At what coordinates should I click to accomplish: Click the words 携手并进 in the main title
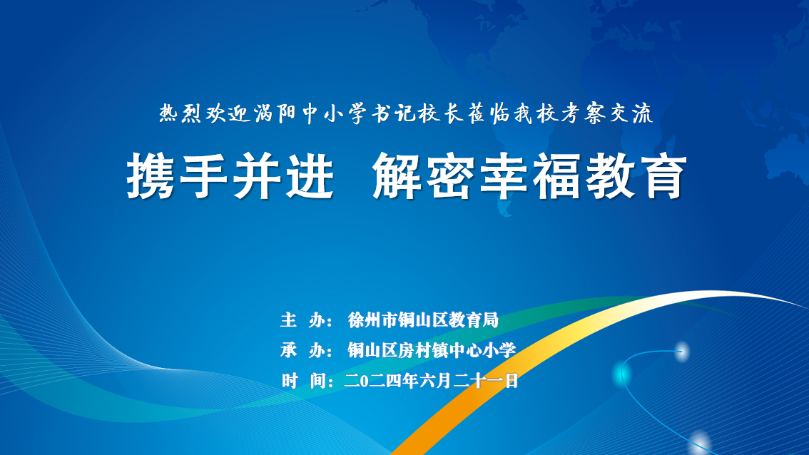[230, 175]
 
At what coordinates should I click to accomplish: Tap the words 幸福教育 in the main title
[583, 175]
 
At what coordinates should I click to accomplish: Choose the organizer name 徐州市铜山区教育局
[423, 319]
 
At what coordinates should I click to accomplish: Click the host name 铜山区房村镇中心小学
[432, 350]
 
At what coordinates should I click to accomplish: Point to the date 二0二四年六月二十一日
[431, 381]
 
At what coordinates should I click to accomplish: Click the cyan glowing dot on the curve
[621, 372]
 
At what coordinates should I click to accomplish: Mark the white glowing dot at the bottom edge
[700, 444]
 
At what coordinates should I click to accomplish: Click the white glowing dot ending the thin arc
[682, 352]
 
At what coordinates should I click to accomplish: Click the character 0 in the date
[365, 382]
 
